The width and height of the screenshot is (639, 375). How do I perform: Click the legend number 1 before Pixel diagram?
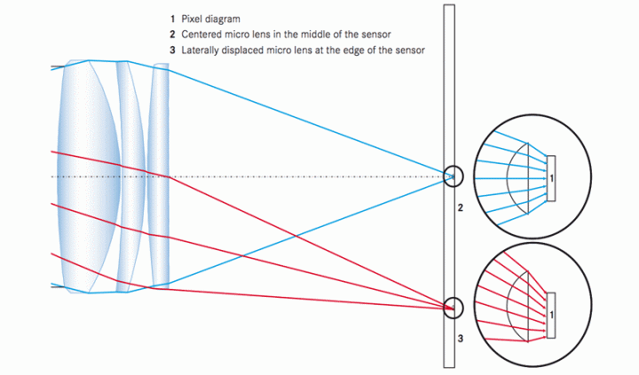(171, 18)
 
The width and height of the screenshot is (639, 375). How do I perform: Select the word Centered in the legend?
(205, 34)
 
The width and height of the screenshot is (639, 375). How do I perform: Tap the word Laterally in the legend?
(203, 50)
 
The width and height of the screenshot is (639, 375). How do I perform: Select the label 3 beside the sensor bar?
(461, 338)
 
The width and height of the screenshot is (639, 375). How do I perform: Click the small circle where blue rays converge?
(454, 176)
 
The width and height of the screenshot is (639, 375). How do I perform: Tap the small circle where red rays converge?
(454, 307)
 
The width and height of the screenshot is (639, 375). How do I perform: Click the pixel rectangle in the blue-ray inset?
(552, 178)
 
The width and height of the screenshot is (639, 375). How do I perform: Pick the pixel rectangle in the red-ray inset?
(552, 314)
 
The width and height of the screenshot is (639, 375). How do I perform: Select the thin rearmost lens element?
(160, 176)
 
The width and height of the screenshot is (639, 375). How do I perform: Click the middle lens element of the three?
(130, 176)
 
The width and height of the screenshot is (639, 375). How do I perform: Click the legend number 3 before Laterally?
(171, 50)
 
